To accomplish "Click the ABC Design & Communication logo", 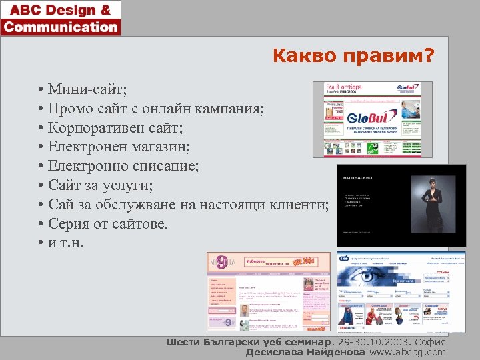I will (61, 18).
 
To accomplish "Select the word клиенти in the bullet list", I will (299, 204).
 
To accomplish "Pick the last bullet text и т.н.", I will (67, 243).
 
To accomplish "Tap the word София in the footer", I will (430, 342).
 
